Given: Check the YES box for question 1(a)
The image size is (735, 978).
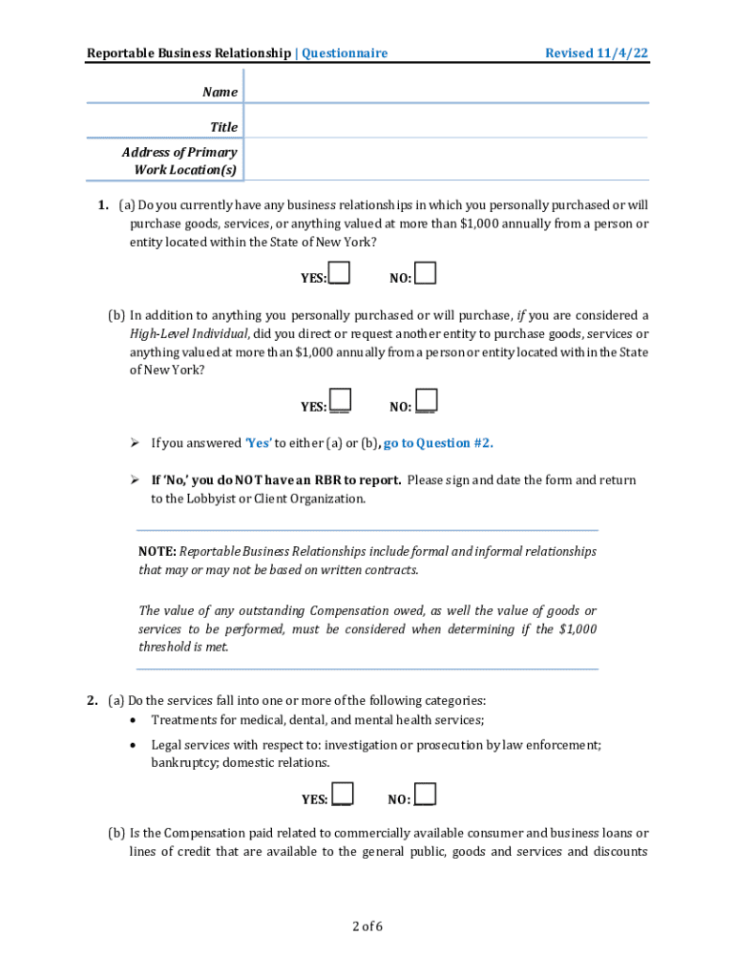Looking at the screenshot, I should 339,274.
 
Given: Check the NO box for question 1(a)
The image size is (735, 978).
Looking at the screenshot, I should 426,274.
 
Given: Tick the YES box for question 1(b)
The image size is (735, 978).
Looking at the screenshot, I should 340,401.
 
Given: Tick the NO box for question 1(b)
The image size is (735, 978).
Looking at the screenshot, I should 427,401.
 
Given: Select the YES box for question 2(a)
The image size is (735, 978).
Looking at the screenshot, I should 343,795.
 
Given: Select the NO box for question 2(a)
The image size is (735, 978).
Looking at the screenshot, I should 426,795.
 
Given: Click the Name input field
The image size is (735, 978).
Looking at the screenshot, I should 446,91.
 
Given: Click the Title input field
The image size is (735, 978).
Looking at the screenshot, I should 446,126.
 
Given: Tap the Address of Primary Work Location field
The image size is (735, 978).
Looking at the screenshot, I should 446,160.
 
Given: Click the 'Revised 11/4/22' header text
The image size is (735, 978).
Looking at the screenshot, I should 596,53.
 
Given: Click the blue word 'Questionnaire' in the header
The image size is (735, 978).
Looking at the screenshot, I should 345,53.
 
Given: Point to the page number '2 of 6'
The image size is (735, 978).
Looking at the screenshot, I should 367,925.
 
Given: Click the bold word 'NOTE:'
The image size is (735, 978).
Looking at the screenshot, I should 157,551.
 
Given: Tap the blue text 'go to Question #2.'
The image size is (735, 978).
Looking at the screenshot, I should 438,443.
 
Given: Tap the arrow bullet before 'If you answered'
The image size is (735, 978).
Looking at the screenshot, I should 136,443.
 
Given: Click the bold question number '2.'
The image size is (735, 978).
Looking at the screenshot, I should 92,700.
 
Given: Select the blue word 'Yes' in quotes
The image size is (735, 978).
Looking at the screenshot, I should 259,443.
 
